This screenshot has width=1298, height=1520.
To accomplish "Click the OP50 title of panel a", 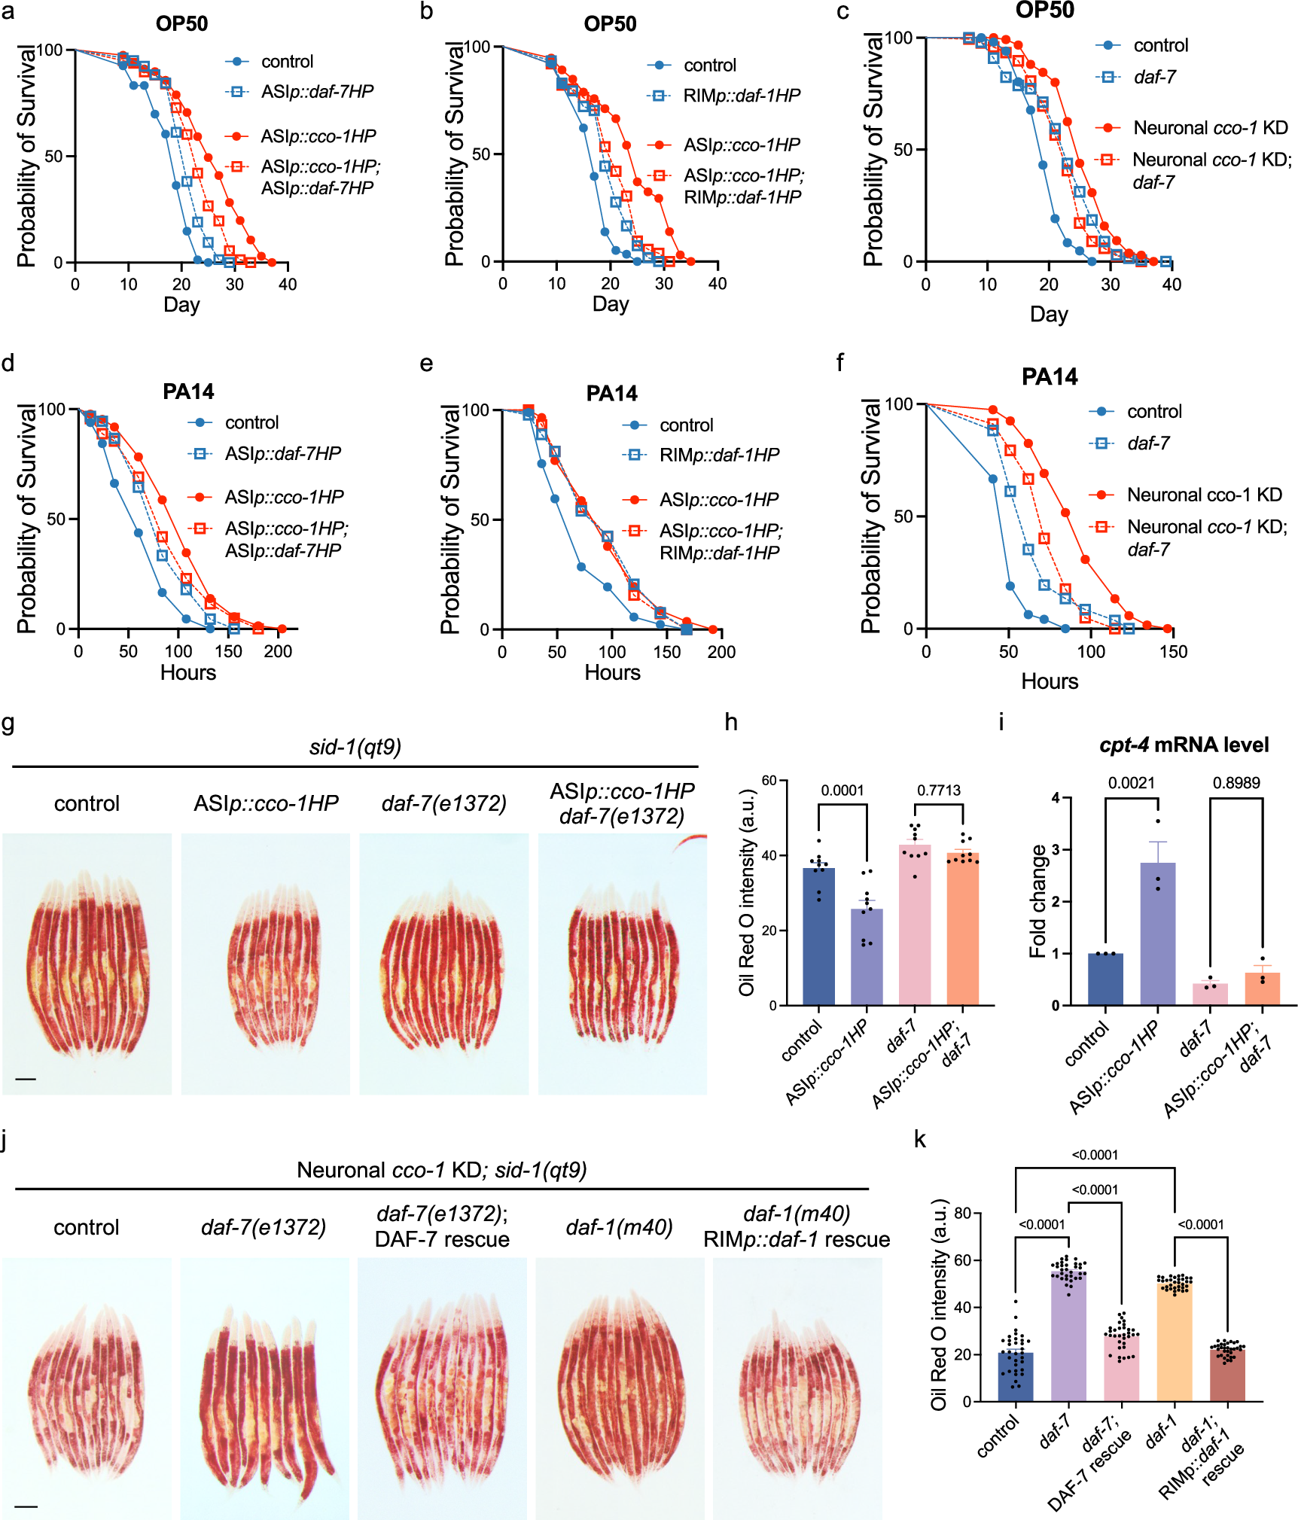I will coord(181,23).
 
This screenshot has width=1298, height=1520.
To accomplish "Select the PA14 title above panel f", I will coord(1049,376).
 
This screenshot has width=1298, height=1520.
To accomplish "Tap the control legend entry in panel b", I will coord(709,65).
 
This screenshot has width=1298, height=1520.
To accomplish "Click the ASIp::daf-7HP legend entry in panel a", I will coord(317,92).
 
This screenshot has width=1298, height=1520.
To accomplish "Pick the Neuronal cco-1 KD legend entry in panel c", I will coord(1210,128).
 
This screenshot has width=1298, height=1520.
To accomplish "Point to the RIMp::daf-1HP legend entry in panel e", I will coord(719,455).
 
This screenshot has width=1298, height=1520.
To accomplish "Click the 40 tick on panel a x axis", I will coord(288,285).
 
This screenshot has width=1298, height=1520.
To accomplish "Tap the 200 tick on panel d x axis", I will coord(278,651).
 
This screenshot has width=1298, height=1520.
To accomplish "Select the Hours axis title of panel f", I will coord(1049,681).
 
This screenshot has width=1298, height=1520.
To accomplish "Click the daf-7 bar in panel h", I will coord(915,926).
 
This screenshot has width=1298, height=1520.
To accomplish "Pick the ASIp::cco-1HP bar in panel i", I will coord(1157,934).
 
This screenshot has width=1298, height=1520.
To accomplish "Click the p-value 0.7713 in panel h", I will coord(938,790).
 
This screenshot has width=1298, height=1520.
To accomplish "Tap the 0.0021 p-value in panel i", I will coord(1131,783).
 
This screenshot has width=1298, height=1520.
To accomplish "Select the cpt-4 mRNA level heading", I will coord(1184,745).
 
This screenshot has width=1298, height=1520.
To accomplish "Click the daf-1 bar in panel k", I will coord(1175,1344).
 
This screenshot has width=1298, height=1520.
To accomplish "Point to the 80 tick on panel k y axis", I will coord(961,1213).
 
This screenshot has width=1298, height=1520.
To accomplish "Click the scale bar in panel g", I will coord(26,1079).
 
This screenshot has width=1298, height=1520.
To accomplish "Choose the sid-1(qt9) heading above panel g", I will coord(355,747).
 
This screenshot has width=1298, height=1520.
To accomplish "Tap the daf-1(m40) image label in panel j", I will coord(619,1227).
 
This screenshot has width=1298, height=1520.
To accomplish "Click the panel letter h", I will coord(730,723).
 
